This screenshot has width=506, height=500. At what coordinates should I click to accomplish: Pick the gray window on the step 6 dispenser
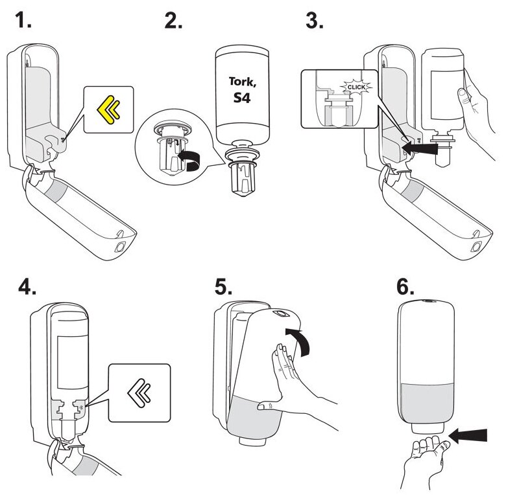427,402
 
